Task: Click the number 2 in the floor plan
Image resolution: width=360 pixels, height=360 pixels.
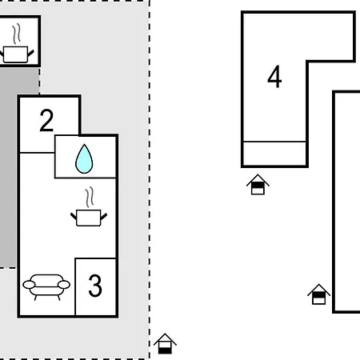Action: coord(46,121)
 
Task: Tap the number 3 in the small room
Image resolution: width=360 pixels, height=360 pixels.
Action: coord(95,286)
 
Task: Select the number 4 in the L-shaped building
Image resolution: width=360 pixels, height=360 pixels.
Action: coord(274,77)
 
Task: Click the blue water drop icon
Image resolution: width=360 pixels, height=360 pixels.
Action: coord(84,159)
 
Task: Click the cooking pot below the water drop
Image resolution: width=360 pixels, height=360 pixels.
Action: coord(89,206)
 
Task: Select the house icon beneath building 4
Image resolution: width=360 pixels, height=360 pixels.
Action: coord(258,184)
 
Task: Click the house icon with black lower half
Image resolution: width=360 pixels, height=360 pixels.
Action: coord(165,344)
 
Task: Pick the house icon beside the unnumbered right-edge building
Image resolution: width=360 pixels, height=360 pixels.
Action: coord(318,294)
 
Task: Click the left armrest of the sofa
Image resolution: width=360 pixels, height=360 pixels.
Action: coord(29,285)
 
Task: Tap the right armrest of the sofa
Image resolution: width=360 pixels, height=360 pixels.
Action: coord(64,285)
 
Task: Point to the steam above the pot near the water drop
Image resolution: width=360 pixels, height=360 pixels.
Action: coord(90,197)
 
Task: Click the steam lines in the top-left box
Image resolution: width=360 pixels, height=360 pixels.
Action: coord(17,34)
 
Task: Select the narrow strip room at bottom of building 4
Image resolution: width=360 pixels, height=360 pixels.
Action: coord(274,154)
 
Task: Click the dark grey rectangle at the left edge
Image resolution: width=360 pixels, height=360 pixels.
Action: coord(7,167)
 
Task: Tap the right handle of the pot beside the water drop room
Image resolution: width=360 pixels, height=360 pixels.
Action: coord(104,216)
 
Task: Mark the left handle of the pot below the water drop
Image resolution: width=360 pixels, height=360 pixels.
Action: coord(74,216)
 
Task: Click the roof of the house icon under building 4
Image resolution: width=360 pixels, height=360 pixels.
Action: coord(258,179)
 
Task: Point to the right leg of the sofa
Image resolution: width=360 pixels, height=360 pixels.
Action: coord(59,298)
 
